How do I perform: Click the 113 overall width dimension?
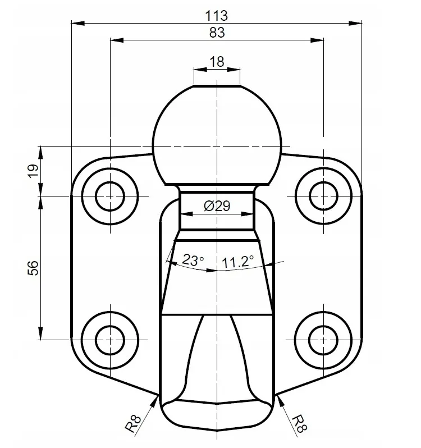[217, 16]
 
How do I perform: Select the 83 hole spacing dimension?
[217, 33]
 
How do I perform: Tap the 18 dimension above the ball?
[217, 62]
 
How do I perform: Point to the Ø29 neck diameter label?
[217, 205]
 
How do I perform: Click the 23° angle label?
[193, 260]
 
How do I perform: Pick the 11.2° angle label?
[237, 262]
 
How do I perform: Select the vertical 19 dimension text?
[33, 171]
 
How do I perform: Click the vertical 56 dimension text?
[33, 268]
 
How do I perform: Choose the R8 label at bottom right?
[300, 424]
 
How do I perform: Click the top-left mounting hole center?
[110, 196]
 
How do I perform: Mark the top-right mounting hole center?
[323, 196]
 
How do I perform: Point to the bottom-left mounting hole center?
[110, 340]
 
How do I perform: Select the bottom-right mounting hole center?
[323, 340]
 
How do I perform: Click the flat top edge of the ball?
[217, 85]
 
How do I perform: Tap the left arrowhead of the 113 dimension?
[78, 23]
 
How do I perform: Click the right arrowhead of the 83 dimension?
[317, 40]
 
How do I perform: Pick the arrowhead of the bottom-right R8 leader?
[280, 401]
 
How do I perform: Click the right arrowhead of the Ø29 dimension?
[247, 214]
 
